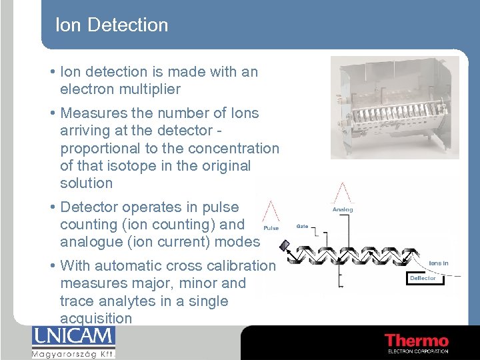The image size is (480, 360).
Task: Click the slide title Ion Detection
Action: tap(111, 25)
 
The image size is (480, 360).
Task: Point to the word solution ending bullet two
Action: tap(87, 183)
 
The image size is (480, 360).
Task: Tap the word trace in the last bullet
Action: tap(77, 301)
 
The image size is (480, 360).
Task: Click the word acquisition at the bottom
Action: tap(96, 319)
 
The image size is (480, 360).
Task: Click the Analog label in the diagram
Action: tap(343, 209)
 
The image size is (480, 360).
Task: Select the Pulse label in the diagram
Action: tap(271, 228)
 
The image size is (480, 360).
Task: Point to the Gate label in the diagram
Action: tap(302, 227)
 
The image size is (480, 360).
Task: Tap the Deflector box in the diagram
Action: tap(423, 278)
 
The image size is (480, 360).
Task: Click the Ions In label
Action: tap(438, 263)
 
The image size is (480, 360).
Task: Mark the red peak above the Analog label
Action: tap(343, 193)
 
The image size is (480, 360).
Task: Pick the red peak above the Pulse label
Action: tap(271, 211)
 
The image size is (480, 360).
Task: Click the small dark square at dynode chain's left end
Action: tap(285, 245)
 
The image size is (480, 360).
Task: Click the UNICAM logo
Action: tap(73, 335)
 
